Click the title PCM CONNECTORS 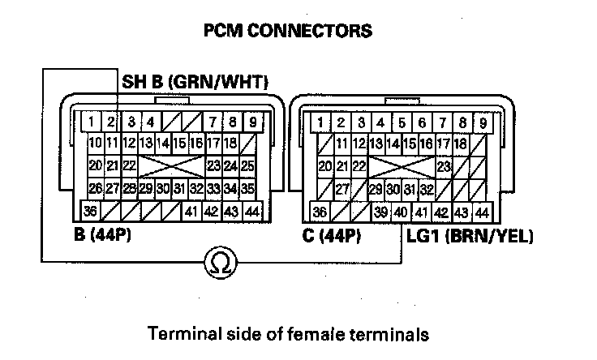[289, 32]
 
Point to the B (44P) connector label [102, 237]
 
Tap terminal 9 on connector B [252, 123]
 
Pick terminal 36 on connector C [321, 212]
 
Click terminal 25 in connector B [248, 165]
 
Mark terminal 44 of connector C [481, 212]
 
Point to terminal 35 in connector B [248, 189]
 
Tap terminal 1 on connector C [322, 123]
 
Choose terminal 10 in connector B [95, 144]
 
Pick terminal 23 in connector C [444, 165]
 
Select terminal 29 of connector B [146, 189]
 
